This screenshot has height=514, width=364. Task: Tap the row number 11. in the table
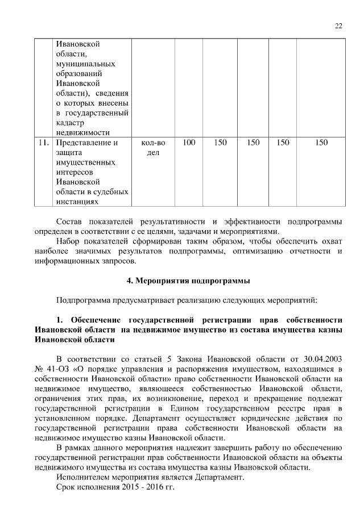(x=43, y=143)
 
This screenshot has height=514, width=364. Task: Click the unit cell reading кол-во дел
(x=153, y=148)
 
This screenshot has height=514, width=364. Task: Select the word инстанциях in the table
(x=77, y=201)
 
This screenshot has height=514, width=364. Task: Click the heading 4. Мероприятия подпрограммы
(x=188, y=281)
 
